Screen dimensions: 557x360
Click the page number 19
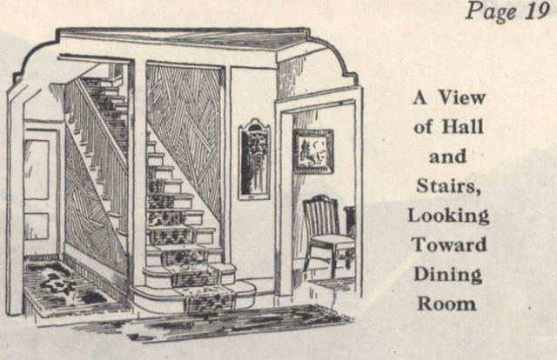(534, 11)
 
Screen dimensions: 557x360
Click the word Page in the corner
(491, 12)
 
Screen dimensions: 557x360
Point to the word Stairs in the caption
(447, 185)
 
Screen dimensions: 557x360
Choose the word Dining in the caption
(447, 275)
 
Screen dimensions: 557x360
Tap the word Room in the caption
(447, 304)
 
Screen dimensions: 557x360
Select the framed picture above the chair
(313, 150)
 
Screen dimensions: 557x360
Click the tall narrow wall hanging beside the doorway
(254, 159)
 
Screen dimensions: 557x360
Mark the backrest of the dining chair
(320, 214)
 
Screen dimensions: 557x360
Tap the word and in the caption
(447, 157)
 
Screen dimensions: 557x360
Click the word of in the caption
(424, 127)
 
